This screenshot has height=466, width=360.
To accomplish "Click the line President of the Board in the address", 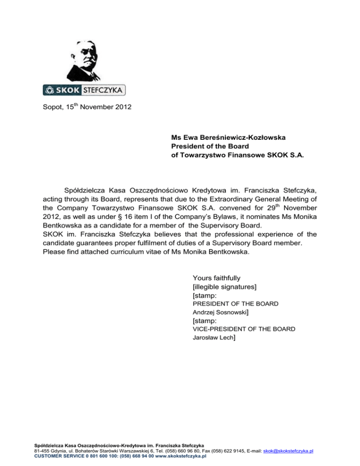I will (x=205, y=145).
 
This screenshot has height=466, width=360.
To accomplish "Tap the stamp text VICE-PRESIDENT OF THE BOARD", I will (x=244, y=329).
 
